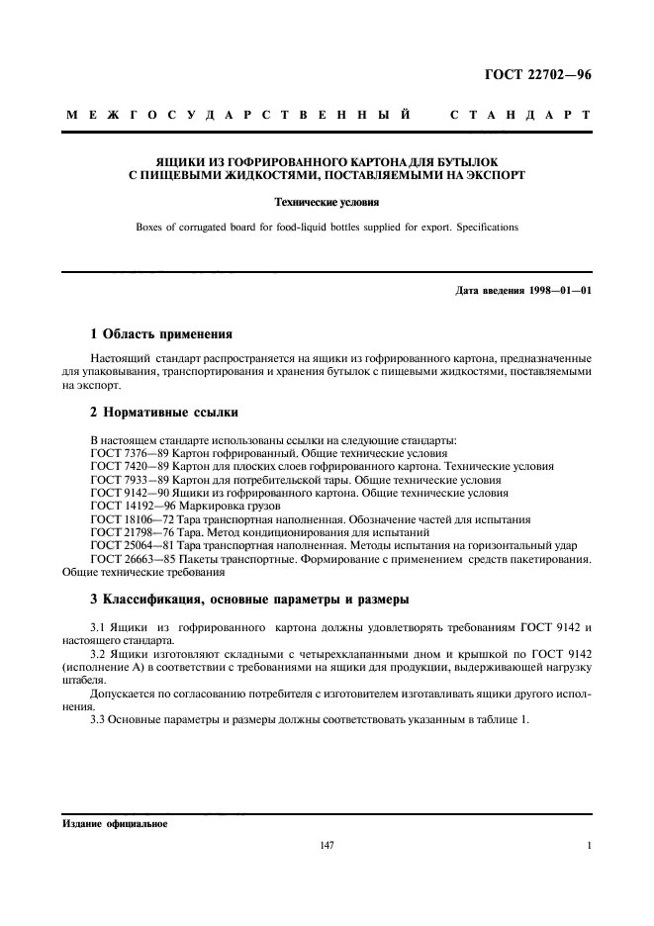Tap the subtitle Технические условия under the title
coord(327,203)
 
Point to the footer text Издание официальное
coord(114,823)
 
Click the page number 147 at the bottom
coord(327,846)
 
